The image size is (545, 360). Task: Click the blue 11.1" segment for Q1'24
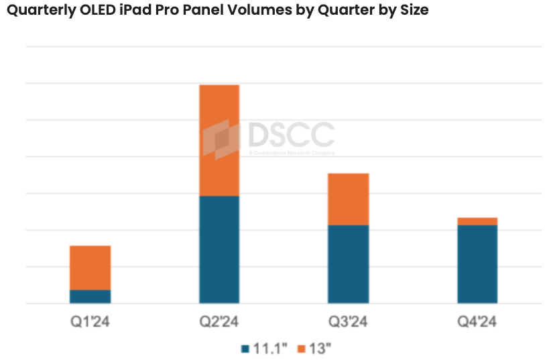coord(90,296)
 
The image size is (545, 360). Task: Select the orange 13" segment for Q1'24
coord(90,267)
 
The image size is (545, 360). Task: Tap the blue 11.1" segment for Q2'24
coord(219,249)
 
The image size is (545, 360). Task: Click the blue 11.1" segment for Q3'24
coord(348,264)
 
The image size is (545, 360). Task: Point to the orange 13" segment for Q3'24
coord(348,199)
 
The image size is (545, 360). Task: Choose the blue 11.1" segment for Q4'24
coord(477,264)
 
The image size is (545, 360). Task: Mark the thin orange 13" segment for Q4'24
coord(477,221)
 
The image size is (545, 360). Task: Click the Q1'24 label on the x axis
coord(90,322)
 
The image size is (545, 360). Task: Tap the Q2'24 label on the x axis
coord(219,322)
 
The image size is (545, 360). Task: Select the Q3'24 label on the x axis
coord(348,322)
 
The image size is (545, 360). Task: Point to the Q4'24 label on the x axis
coord(477,322)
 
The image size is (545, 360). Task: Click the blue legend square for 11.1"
coord(245,349)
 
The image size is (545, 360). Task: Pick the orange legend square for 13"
coord(301,349)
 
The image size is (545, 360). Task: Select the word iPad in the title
coord(137,11)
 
